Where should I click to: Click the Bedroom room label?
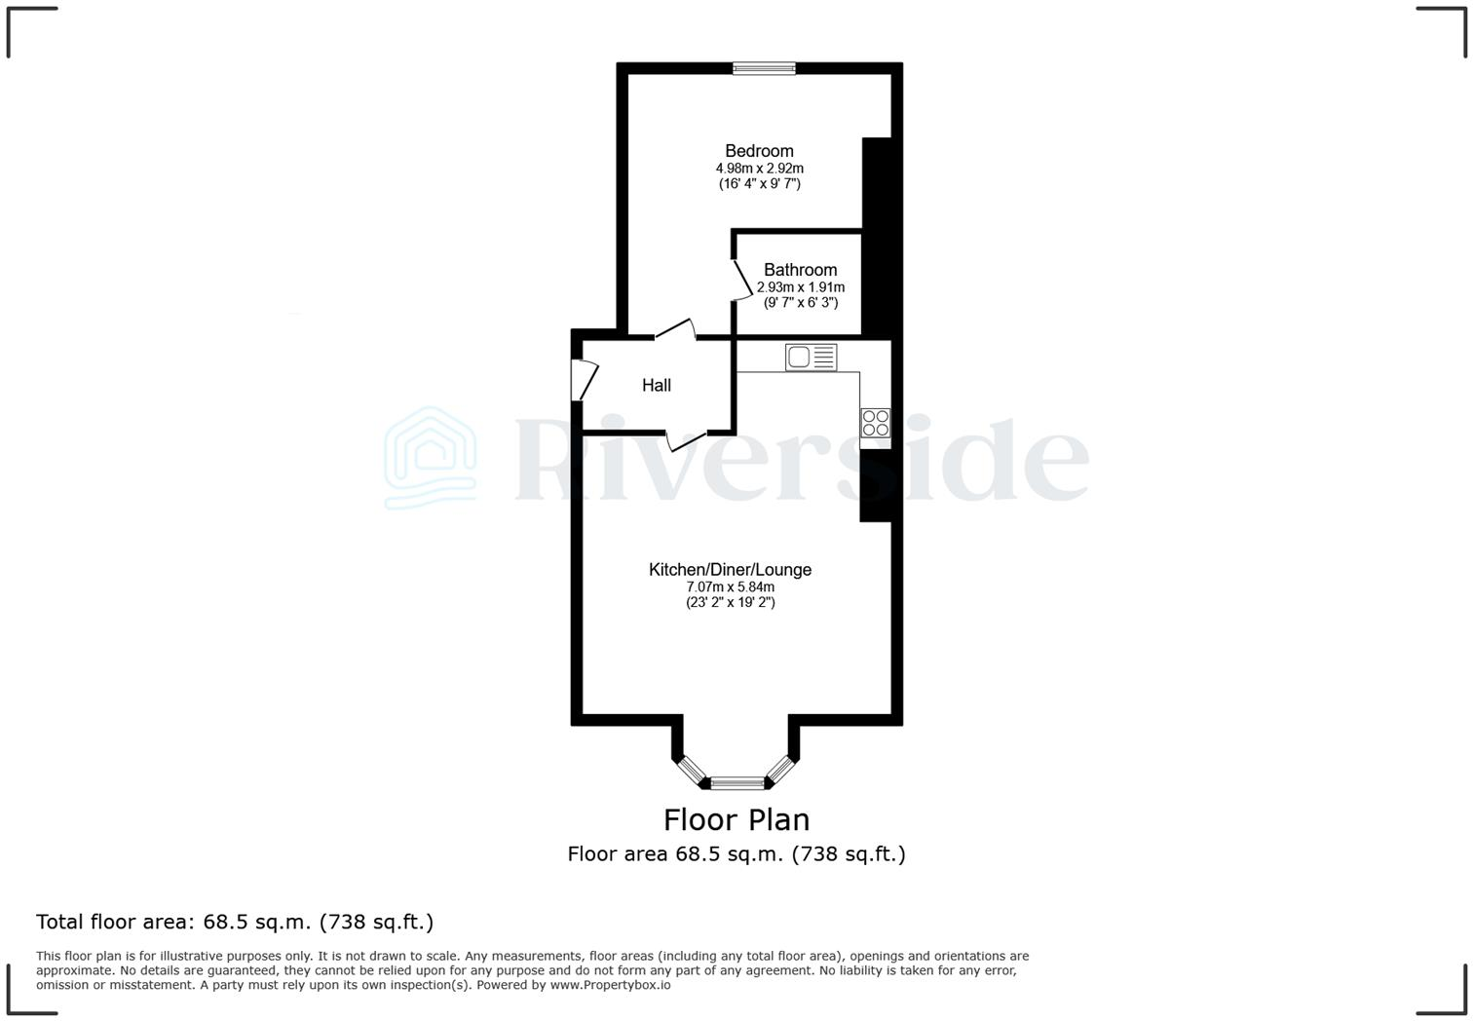click(x=759, y=151)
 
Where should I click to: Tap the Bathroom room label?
click(x=800, y=270)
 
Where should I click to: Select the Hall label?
click(x=657, y=386)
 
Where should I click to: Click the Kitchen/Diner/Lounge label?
click(x=730, y=570)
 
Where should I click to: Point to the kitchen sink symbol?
click(x=811, y=358)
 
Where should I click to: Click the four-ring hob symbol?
click(x=875, y=423)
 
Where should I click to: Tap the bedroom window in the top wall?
click(x=764, y=68)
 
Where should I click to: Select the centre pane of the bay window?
click(x=737, y=781)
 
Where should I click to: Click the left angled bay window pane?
click(x=692, y=769)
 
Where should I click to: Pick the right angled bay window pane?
click(x=781, y=769)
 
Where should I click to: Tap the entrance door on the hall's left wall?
click(x=585, y=380)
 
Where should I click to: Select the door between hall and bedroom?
click(x=675, y=330)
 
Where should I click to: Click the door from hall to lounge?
click(x=687, y=440)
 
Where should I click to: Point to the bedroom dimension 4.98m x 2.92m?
click(x=759, y=169)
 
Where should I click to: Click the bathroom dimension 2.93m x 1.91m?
click(x=800, y=287)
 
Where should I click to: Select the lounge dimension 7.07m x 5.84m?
click(x=730, y=586)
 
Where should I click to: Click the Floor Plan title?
click(x=736, y=819)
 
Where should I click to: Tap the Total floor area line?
click(x=235, y=922)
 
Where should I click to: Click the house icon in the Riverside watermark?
click(x=431, y=458)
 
